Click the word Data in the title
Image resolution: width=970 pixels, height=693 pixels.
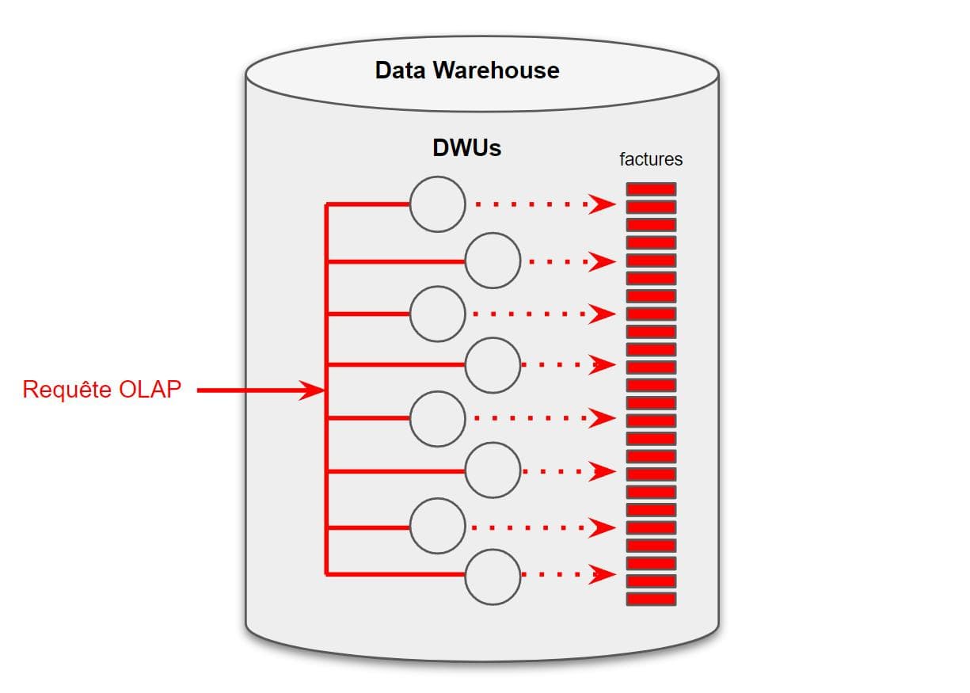point(401,70)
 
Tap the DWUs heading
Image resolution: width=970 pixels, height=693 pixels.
point(466,148)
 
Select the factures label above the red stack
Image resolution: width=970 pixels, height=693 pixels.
point(651,159)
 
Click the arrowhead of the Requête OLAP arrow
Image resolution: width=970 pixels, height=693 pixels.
point(310,390)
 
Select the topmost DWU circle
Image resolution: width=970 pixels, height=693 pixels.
point(437,204)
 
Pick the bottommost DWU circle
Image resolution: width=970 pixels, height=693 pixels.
point(493,576)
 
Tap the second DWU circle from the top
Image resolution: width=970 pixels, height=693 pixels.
point(493,261)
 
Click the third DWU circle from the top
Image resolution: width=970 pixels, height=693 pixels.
point(437,314)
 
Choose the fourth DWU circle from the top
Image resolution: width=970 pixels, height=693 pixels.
point(493,365)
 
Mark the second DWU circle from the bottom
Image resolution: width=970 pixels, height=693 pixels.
point(437,526)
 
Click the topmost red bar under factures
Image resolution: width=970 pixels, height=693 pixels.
point(651,189)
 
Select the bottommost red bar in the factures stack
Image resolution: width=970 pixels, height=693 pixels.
point(651,599)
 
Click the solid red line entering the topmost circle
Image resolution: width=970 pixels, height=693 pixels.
point(368,204)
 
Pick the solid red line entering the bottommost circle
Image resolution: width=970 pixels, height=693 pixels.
point(396,575)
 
